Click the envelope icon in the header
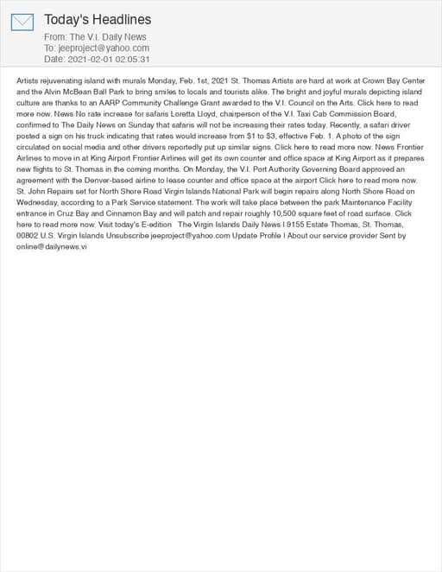(22, 22)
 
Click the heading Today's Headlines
(98, 19)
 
